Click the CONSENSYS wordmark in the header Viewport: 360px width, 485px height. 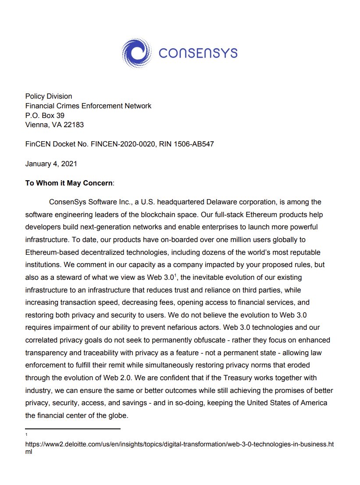click(x=198, y=53)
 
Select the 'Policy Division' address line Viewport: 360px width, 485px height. click(x=49, y=96)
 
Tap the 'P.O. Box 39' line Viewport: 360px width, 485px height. click(x=45, y=115)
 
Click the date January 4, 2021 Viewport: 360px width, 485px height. click(x=51, y=164)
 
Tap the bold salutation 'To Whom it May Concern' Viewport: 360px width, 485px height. click(x=69, y=183)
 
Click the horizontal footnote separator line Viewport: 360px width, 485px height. click(x=73, y=428)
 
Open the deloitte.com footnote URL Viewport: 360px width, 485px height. click(x=179, y=444)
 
